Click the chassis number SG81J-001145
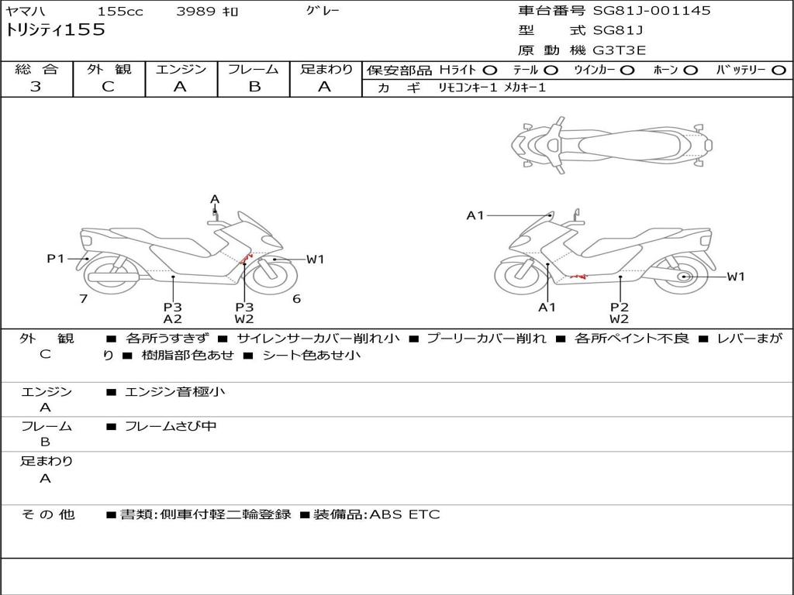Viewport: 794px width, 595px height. click(x=651, y=11)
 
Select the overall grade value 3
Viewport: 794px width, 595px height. click(x=36, y=87)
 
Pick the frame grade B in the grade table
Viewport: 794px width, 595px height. click(x=254, y=87)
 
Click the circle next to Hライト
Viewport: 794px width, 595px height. click(x=490, y=71)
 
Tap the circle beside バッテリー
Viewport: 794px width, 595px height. click(x=779, y=71)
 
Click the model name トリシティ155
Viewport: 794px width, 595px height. click(x=55, y=30)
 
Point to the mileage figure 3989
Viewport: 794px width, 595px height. click(x=197, y=11)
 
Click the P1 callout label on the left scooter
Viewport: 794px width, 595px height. click(x=56, y=259)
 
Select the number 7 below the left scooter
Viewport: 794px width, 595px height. click(x=84, y=299)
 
